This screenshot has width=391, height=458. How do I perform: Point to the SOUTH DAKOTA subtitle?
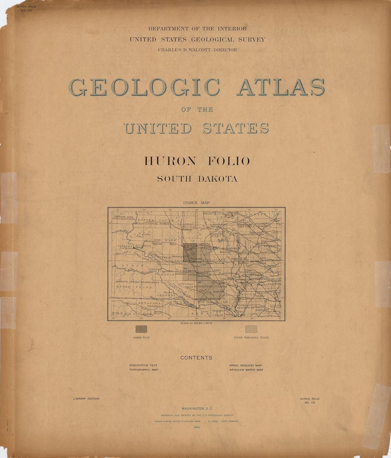pos(197,179)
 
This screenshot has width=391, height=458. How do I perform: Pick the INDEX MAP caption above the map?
pos(197,202)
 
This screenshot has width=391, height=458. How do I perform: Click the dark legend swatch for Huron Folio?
pos(141,329)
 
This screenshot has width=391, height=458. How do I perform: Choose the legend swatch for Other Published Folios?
pos(251,329)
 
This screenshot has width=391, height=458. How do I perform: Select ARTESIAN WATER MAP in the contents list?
pos(246,370)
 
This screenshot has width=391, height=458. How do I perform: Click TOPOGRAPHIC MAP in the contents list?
pos(143,370)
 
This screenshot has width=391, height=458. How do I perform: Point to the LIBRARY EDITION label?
pos(86,399)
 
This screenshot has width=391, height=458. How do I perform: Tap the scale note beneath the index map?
pos(196,323)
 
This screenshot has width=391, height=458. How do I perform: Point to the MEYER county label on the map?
pos(123,287)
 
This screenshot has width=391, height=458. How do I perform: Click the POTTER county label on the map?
pos(143,220)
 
